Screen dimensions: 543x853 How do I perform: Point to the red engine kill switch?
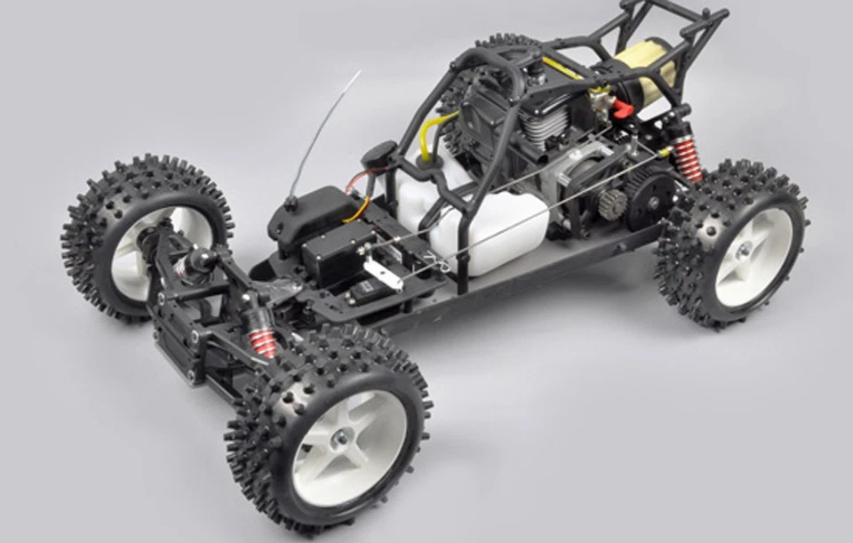(622, 110)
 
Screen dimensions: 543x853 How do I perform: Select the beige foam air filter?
(644, 68)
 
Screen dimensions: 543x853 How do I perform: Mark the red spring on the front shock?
(263, 340)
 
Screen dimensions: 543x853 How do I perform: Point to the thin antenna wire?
(324, 133)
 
